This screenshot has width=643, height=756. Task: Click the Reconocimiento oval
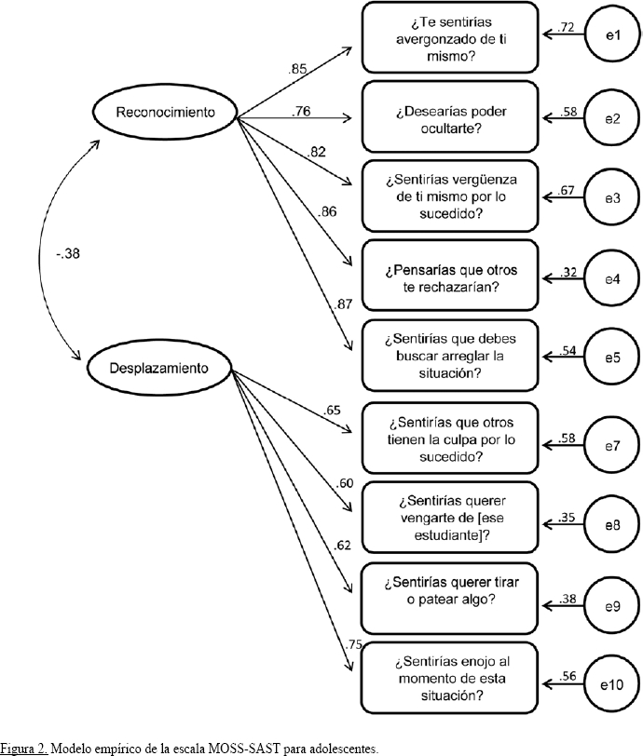(165, 113)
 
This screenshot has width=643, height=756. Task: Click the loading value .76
(301, 112)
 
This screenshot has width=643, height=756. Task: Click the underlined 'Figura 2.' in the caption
(23, 748)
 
